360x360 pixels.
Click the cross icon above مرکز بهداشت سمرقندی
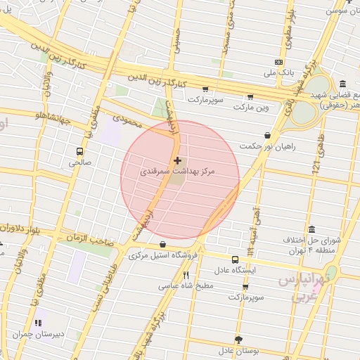coord(176,161)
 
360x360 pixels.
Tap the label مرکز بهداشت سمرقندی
coord(177,172)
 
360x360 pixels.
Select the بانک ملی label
coord(278,72)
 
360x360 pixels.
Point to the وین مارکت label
coord(253,108)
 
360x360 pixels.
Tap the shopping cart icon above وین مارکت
coord(250,98)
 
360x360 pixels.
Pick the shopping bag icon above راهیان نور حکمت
coord(267,135)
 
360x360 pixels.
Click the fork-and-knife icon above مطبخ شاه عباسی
coord(186,275)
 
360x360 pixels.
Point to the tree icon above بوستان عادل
coord(238,340)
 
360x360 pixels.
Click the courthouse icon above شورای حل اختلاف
coord(311,229)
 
